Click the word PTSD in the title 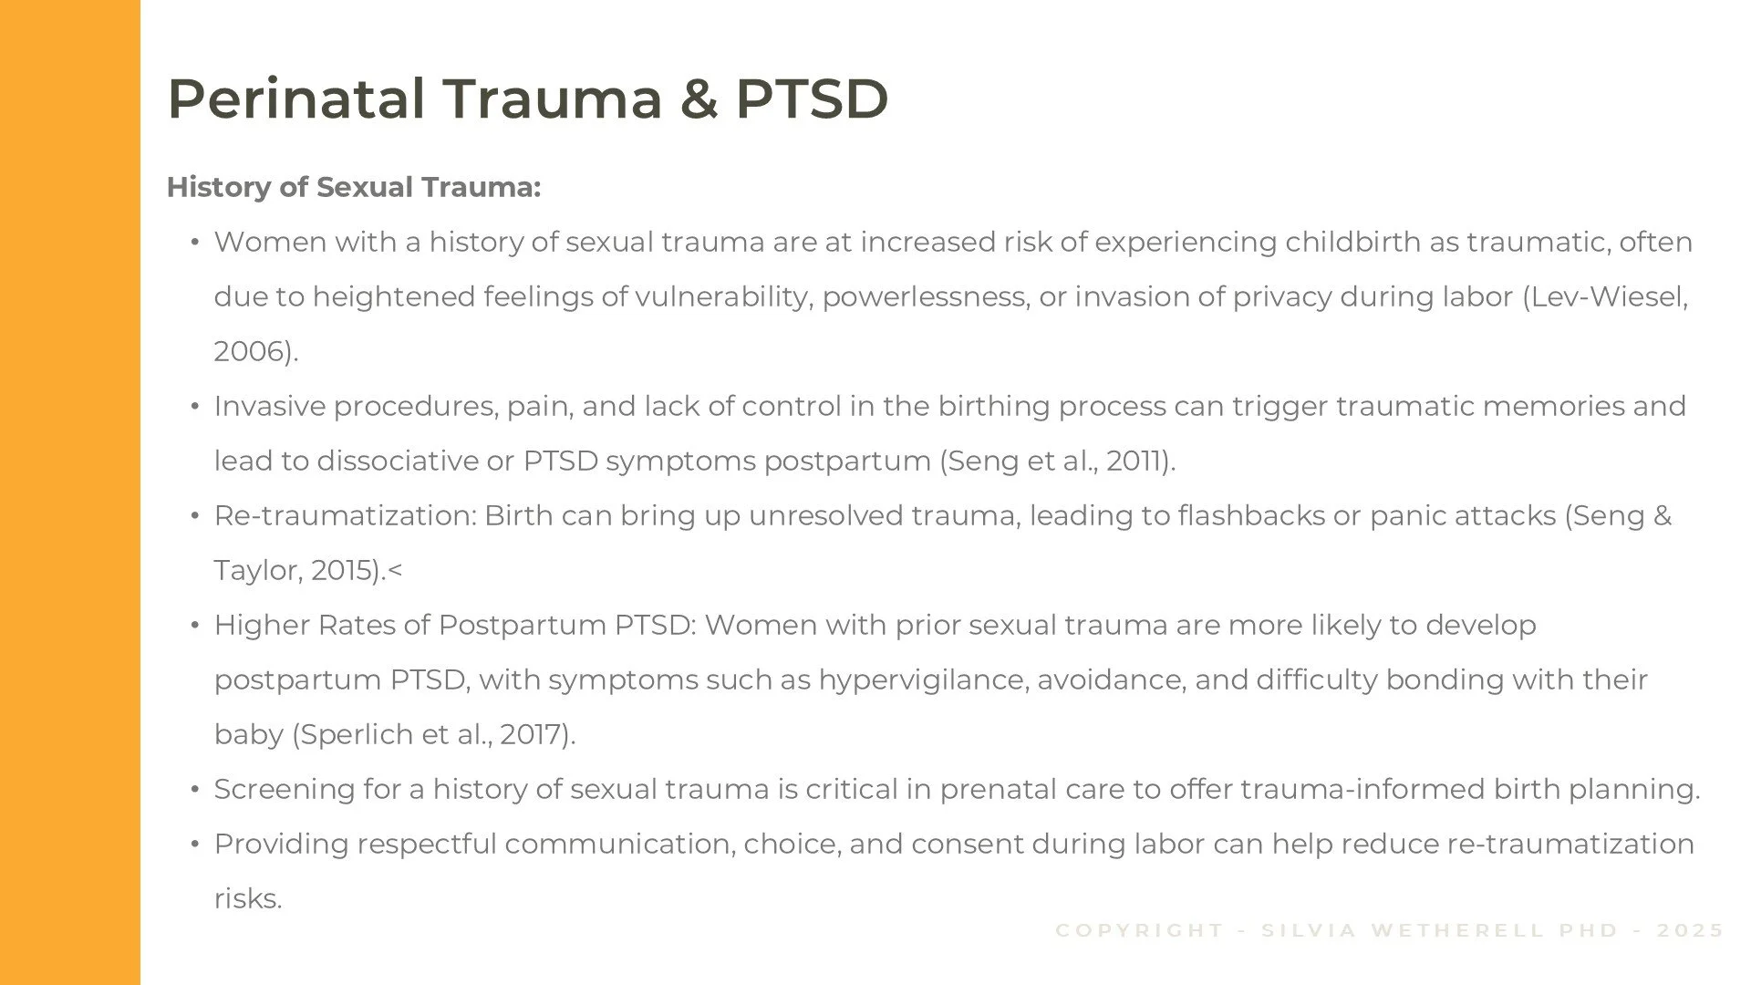coord(812,98)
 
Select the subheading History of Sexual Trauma coord(354,187)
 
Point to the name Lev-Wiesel coord(1609,296)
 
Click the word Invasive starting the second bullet coord(270,406)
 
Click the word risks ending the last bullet coord(246,898)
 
